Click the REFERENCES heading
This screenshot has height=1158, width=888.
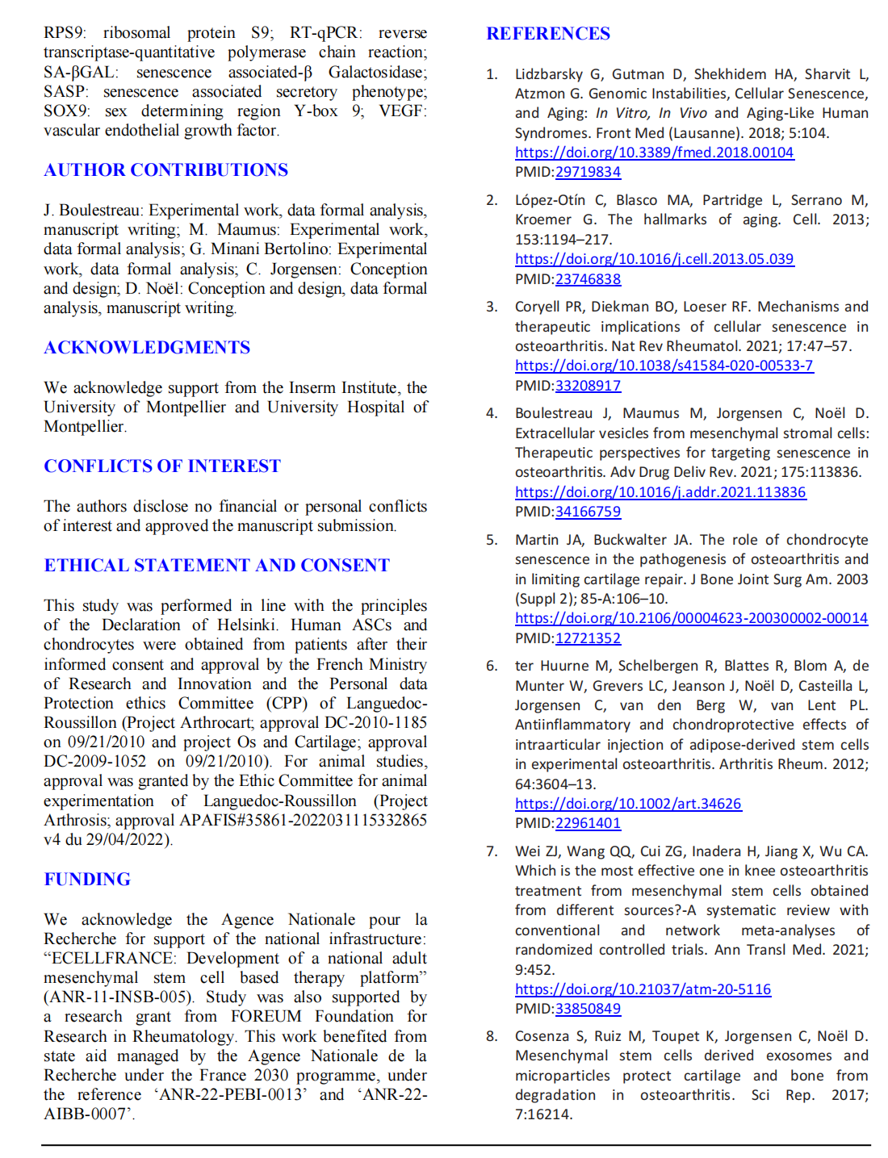548,34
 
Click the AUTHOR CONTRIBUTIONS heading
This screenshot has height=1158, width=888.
165,170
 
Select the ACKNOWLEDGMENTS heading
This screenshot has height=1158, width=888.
147,348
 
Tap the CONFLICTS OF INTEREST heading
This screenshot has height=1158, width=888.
162,466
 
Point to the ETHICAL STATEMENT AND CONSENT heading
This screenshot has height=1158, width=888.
216,566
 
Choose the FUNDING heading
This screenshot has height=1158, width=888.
87,880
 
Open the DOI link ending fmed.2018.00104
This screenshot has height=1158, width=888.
654,153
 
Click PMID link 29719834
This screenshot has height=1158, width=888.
588,172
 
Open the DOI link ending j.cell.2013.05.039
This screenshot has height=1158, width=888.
654,259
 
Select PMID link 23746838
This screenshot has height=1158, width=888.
588,279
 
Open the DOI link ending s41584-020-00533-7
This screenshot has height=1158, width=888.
664,366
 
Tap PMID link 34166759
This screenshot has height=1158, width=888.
588,512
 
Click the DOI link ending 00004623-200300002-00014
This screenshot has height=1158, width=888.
691,618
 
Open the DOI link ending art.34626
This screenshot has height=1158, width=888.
628,804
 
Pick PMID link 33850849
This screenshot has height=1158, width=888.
588,1009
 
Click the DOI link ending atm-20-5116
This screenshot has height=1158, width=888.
643,989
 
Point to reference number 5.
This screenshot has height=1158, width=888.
492,540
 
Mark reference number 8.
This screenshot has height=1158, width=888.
492,1036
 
